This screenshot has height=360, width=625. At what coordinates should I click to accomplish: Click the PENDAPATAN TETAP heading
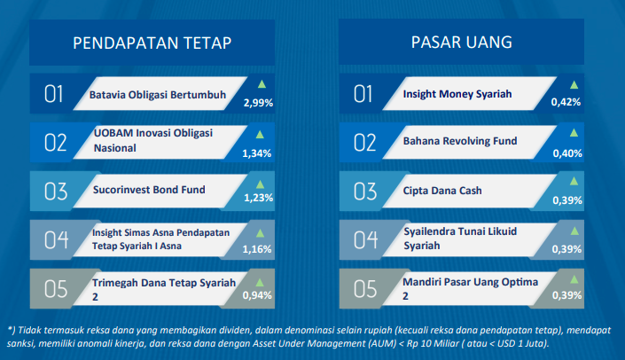[x=152, y=43]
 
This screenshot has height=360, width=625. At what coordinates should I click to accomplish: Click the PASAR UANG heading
[x=462, y=43]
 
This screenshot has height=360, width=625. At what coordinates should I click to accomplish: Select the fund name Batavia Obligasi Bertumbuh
[x=158, y=95]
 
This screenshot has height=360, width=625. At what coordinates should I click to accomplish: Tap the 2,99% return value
[x=258, y=103]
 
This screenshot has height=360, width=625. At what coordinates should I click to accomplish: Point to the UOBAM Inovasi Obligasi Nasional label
[x=153, y=140]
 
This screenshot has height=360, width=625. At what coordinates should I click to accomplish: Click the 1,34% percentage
[x=257, y=153]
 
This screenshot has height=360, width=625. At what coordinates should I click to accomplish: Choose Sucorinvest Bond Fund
[x=149, y=190]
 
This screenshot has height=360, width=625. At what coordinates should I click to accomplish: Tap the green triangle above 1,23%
[x=261, y=184]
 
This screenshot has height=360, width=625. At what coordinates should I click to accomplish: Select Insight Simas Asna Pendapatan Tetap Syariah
[x=160, y=239]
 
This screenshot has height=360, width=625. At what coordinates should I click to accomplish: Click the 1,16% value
[x=257, y=249]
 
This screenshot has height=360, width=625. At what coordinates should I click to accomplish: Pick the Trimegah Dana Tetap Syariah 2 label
[x=164, y=289]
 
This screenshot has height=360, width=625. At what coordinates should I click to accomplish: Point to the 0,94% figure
[x=257, y=295]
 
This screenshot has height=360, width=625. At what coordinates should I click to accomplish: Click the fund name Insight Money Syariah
[x=457, y=94]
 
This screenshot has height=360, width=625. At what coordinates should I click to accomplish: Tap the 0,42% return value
[x=566, y=102]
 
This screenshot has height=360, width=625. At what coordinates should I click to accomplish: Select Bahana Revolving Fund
[x=460, y=141]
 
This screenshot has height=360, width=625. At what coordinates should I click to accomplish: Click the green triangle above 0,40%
[x=574, y=133]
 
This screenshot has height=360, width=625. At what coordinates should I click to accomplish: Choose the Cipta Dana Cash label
[x=442, y=191]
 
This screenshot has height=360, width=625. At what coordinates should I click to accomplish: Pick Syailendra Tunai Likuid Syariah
[x=460, y=239]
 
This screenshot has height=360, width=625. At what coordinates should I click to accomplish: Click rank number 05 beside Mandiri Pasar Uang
[x=365, y=289]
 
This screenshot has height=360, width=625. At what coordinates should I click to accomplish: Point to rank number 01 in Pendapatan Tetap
[x=54, y=95]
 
